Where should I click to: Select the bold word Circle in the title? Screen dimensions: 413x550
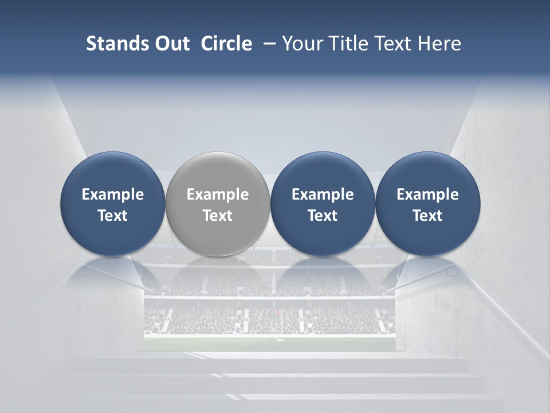click(x=226, y=44)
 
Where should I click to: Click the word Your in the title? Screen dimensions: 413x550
click(x=302, y=44)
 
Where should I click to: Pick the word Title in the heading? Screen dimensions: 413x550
click(x=345, y=44)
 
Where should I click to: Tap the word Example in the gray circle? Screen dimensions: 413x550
click(x=218, y=194)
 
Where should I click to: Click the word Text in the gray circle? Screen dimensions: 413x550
click(x=218, y=216)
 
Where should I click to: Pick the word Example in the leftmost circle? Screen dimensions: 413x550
click(x=112, y=194)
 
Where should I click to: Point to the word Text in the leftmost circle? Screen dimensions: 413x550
click(x=112, y=216)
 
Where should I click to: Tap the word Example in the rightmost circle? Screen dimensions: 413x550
click(x=427, y=194)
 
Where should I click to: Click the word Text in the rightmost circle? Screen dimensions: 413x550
click(x=427, y=216)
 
